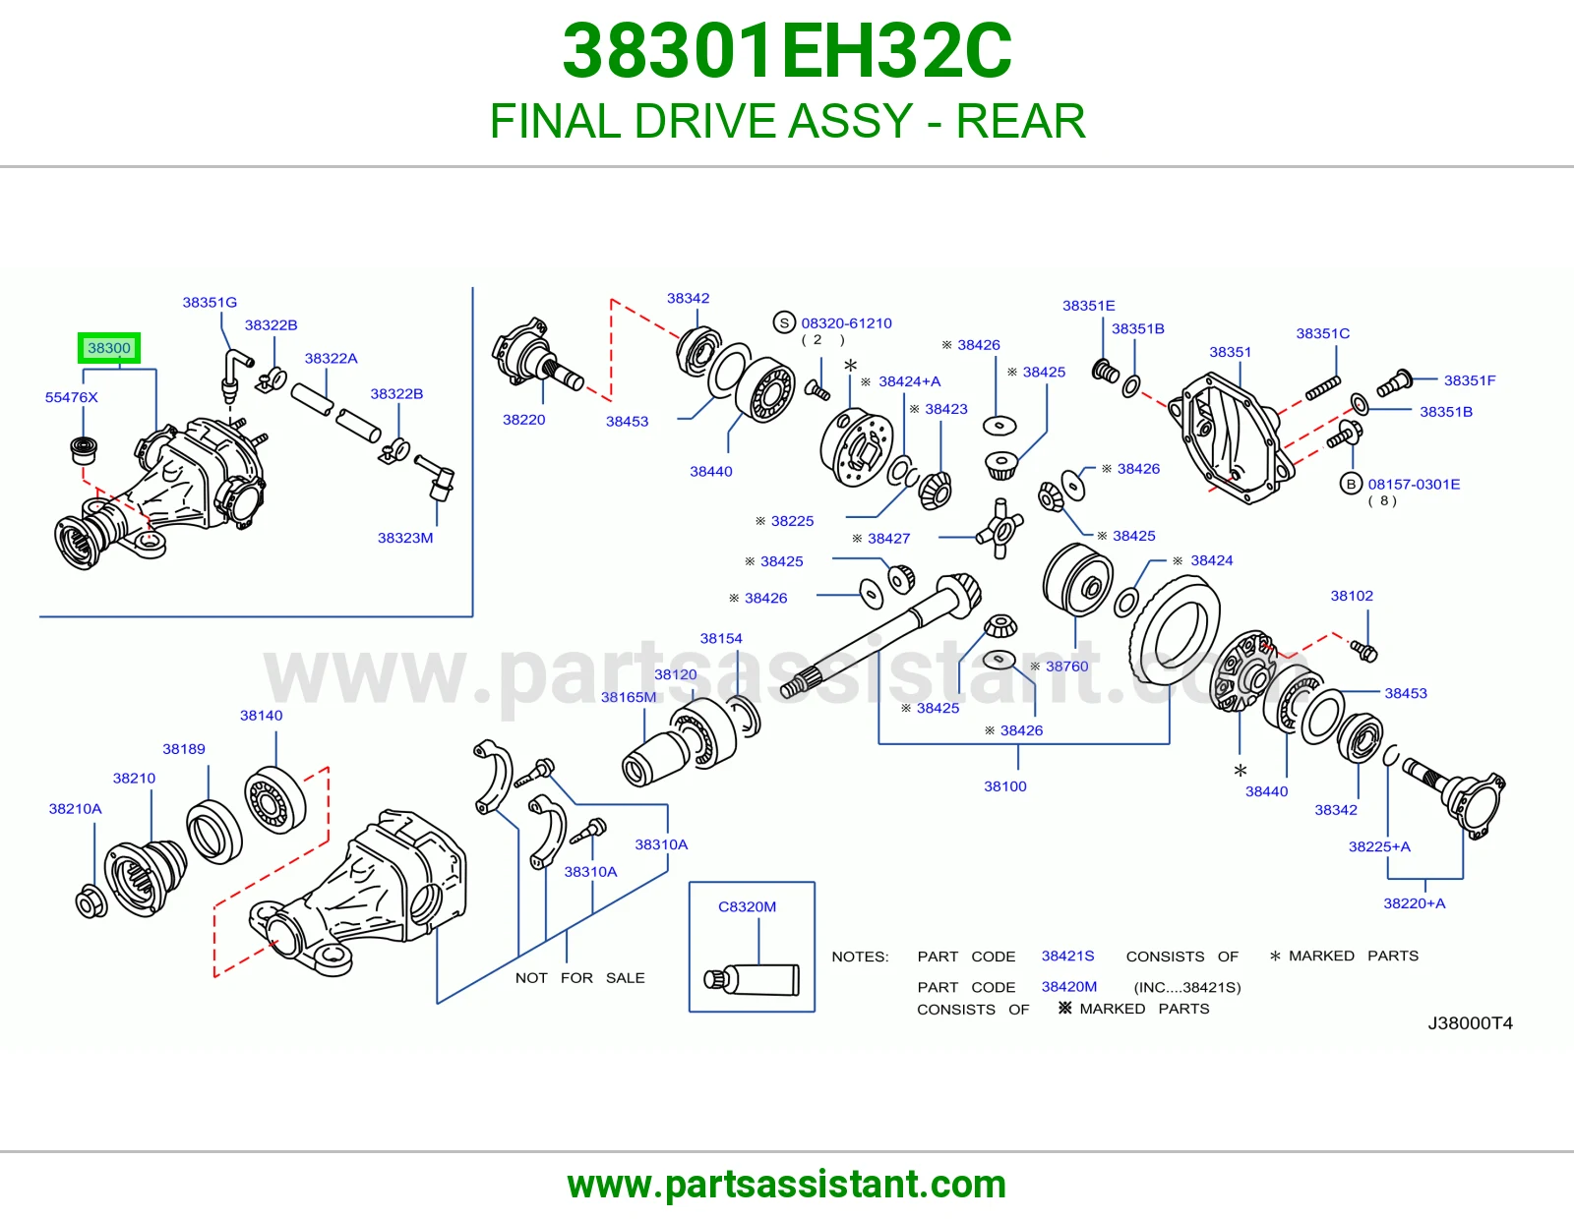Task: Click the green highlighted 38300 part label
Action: tap(108, 348)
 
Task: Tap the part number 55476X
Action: tap(71, 397)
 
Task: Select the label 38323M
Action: tap(405, 538)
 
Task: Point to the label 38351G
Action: tap(210, 303)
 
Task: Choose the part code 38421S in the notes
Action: tap(1067, 957)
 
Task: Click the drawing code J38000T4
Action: tap(1470, 1022)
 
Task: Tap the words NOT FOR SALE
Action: tap(579, 978)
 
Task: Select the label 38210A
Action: tap(76, 809)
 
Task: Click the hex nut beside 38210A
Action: tap(91, 901)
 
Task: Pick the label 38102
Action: tap(1352, 596)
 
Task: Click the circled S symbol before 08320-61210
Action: tap(784, 322)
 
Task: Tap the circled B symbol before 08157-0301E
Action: tap(1351, 484)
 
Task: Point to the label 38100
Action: tap(1004, 786)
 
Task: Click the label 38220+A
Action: tap(1414, 903)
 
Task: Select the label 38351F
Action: tap(1470, 380)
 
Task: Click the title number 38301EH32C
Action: tap(787, 51)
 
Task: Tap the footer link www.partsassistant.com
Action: tap(787, 1185)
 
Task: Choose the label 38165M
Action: tap(629, 697)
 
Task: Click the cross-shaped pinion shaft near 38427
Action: tap(999, 529)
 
